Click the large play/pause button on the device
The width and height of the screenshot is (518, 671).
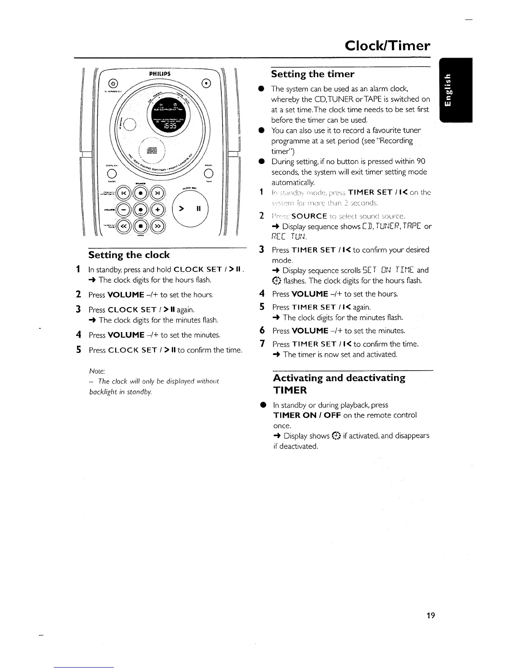(x=191, y=209)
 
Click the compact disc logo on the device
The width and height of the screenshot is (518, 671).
(x=152, y=151)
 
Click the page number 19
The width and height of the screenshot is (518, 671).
(x=430, y=615)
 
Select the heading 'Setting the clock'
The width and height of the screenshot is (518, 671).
(x=129, y=255)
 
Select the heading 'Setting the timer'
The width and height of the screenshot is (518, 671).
(x=312, y=74)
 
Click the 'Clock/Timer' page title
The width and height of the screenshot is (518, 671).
(x=387, y=45)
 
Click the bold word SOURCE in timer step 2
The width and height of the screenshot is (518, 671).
(x=309, y=216)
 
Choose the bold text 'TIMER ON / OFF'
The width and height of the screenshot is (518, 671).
(x=307, y=415)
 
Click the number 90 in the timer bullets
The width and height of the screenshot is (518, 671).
(x=421, y=161)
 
